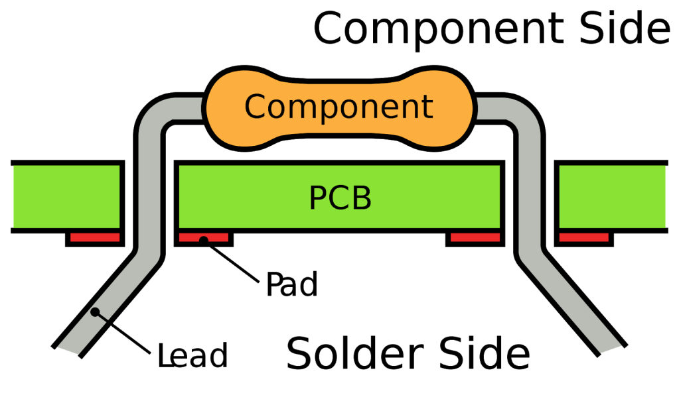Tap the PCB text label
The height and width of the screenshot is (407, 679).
(340, 198)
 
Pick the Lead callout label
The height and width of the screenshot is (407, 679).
(192, 356)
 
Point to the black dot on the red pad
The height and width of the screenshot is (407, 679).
(204, 239)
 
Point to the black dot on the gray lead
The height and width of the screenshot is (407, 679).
(95, 312)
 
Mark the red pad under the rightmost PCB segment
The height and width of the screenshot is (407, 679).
(583, 237)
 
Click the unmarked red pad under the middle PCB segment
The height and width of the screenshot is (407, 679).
(474, 237)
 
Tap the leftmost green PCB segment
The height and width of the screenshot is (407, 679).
(66, 196)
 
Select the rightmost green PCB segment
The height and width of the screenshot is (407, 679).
(613, 196)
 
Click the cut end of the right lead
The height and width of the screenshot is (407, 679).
(613, 349)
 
